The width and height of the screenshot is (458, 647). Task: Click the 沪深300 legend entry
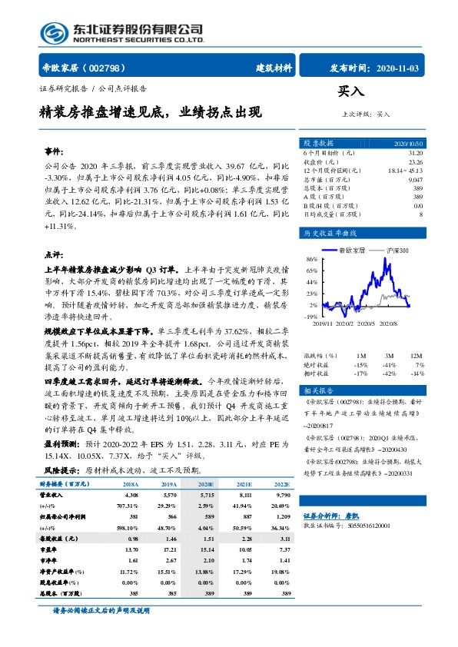click(x=391, y=250)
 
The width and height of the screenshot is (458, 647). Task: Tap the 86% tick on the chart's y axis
click(x=310, y=260)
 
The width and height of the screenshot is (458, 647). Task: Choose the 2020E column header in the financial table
click(x=204, y=485)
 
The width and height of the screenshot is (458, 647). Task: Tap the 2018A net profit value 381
click(x=130, y=519)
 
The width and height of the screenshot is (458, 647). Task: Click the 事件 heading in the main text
click(x=53, y=151)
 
